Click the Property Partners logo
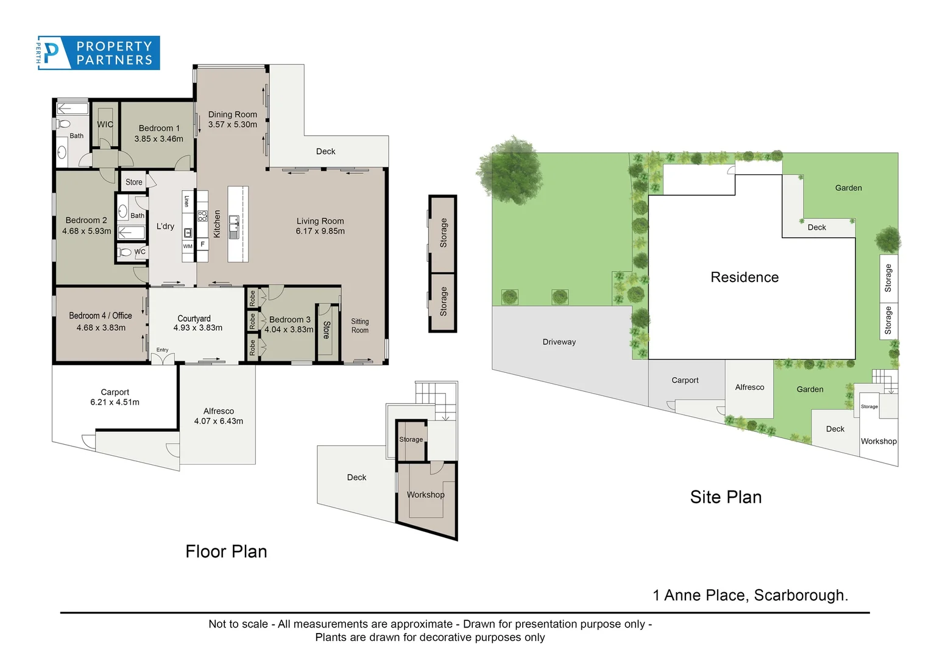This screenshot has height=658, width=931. point(99,53)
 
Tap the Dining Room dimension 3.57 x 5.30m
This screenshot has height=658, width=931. point(232,125)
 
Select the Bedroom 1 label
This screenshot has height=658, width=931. point(159,128)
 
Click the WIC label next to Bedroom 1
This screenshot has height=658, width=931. point(105,124)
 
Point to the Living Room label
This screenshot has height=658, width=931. point(320,221)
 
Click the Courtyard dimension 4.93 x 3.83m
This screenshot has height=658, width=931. point(197,328)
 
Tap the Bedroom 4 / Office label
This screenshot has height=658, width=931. point(101,316)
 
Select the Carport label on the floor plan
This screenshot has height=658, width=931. point(115,392)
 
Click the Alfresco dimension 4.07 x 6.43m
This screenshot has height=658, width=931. point(218,421)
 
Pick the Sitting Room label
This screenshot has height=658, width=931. point(359,326)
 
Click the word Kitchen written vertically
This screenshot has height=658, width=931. point(217,224)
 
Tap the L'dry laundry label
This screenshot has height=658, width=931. point(165,226)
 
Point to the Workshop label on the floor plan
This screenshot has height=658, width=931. point(425,495)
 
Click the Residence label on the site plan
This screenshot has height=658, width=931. point(744,277)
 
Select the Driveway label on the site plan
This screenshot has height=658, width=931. point(559,342)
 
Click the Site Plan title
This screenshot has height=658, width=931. point(725,497)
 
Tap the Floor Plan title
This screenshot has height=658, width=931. point(226,551)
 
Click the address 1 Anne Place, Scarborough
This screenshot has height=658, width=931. point(750,595)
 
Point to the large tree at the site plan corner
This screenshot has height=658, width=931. point(511,170)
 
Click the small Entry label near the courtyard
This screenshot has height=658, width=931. point(162,350)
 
